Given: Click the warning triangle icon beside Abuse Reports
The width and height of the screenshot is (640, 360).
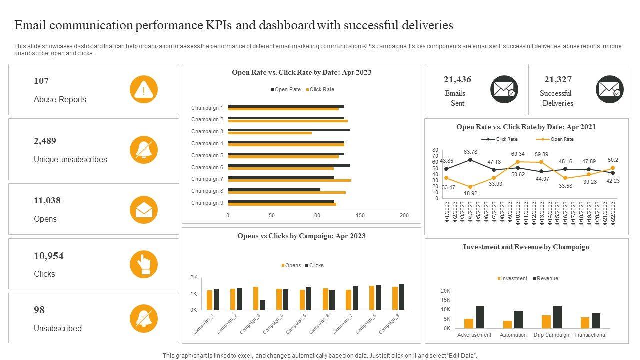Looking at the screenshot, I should (x=144, y=90).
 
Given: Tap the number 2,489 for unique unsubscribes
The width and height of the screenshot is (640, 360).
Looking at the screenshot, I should (x=45, y=141).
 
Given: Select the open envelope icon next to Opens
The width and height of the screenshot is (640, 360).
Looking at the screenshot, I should (x=144, y=210).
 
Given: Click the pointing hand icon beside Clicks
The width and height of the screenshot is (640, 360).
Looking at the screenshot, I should (x=144, y=264).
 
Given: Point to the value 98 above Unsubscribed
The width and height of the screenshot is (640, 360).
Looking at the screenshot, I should (x=39, y=310).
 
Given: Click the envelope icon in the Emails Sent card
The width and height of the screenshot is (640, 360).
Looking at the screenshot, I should (x=504, y=90).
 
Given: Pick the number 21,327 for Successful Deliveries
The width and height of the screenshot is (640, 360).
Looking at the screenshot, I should (x=558, y=79).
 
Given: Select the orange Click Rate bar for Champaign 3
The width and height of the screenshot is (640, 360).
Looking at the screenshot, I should (x=270, y=133).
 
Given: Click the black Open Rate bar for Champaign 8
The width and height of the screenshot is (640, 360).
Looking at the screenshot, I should (x=274, y=189).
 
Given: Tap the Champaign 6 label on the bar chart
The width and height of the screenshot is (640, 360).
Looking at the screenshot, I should (x=207, y=167).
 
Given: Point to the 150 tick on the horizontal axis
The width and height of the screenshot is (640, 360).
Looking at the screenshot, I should (x=360, y=215).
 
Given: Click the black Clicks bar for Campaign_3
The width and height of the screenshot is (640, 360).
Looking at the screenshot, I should (x=263, y=305).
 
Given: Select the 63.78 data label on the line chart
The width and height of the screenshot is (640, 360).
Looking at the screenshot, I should (x=470, y=152).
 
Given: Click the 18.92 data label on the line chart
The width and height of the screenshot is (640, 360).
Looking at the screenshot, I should (x=470, y=193).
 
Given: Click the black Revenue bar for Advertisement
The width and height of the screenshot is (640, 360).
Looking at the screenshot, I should (x=480, y=317).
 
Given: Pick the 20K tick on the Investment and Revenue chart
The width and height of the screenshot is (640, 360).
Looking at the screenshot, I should (x=445, y=291).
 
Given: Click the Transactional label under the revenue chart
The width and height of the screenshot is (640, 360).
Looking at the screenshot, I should (x=590, y=335).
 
